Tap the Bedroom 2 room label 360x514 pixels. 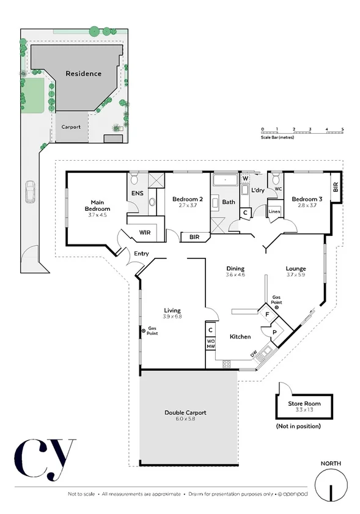[187, 199]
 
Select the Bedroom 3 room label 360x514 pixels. [306, 199]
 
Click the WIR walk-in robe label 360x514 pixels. [145, 232]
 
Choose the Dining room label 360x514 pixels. [235, 268]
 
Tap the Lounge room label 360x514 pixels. [296, 268]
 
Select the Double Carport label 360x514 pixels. [185, 413]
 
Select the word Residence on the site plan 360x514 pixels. [84, 73]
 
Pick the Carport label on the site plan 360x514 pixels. [73, 127]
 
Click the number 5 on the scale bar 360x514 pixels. [343, 129]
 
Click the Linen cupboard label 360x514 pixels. [274, 211]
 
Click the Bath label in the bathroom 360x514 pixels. [229, 202]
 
